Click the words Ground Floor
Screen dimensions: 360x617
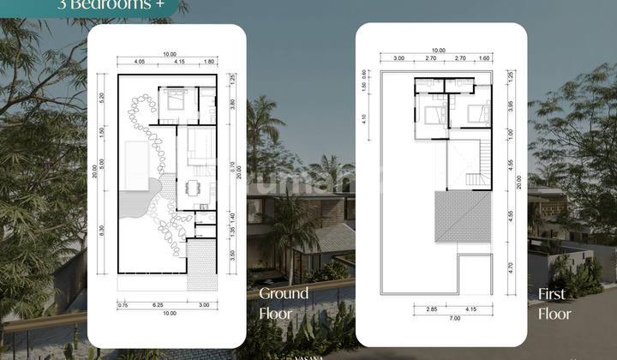coord(284,303)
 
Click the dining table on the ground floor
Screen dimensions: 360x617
coord(193,186)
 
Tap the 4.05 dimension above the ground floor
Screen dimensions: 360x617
coord(140,62)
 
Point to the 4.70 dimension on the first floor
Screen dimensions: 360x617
coord(512,267)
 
